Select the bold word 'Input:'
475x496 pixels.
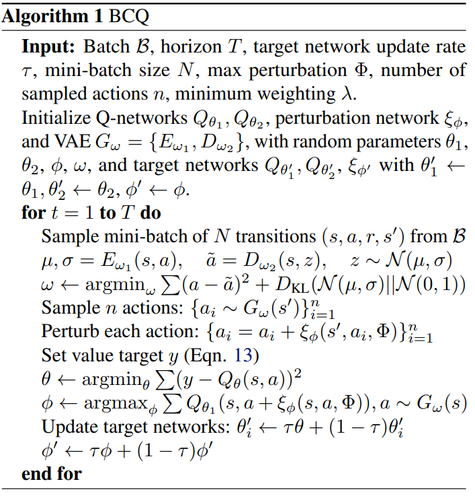click(50, 48)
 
